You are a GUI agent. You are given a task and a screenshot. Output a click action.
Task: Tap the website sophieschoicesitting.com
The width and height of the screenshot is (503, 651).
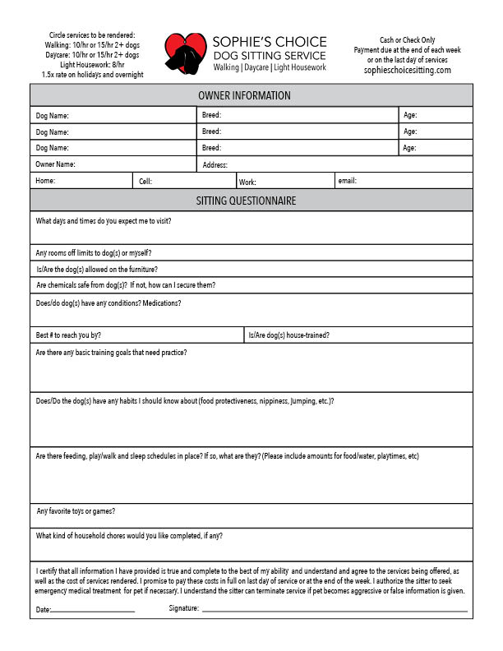(x=408, y=71)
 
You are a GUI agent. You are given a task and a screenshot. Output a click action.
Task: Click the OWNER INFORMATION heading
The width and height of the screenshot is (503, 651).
(x=251, y=96)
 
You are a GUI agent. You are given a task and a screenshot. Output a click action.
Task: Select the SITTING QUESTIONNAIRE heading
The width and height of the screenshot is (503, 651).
(x=251, y=201)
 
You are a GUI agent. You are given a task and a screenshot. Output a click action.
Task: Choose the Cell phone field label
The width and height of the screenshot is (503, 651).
(x=145, y=181)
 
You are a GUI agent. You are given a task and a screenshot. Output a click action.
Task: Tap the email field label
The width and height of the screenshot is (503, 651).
(x=347, y=180)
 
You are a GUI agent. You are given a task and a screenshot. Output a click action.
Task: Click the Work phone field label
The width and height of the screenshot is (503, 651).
(x=247, y=182)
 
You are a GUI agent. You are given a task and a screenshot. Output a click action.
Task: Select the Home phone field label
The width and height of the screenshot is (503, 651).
(x=45, y=181)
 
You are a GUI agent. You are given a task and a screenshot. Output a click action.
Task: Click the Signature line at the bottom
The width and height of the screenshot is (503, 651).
(x=334, y=611)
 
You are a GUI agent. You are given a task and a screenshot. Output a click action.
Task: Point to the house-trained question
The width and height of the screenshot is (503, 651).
(x=288, y=335)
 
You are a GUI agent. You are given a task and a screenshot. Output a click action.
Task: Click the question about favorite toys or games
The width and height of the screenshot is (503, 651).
(x=76, y=511)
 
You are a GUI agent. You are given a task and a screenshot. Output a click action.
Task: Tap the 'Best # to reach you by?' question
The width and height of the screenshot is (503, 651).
(x=68, y=335)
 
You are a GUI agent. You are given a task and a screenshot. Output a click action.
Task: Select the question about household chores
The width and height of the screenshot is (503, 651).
(x=129, y=536)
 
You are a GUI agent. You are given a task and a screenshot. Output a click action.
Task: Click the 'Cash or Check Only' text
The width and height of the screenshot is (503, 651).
(x=408, y=40)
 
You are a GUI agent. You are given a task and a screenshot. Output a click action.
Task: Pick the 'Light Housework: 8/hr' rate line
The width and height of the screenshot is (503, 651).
(x=92, y=65)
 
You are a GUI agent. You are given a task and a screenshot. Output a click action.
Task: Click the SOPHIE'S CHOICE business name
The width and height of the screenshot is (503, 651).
(x=270, y=42)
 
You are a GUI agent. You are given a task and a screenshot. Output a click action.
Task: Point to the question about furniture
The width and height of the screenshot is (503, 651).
(x=97, y=270)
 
